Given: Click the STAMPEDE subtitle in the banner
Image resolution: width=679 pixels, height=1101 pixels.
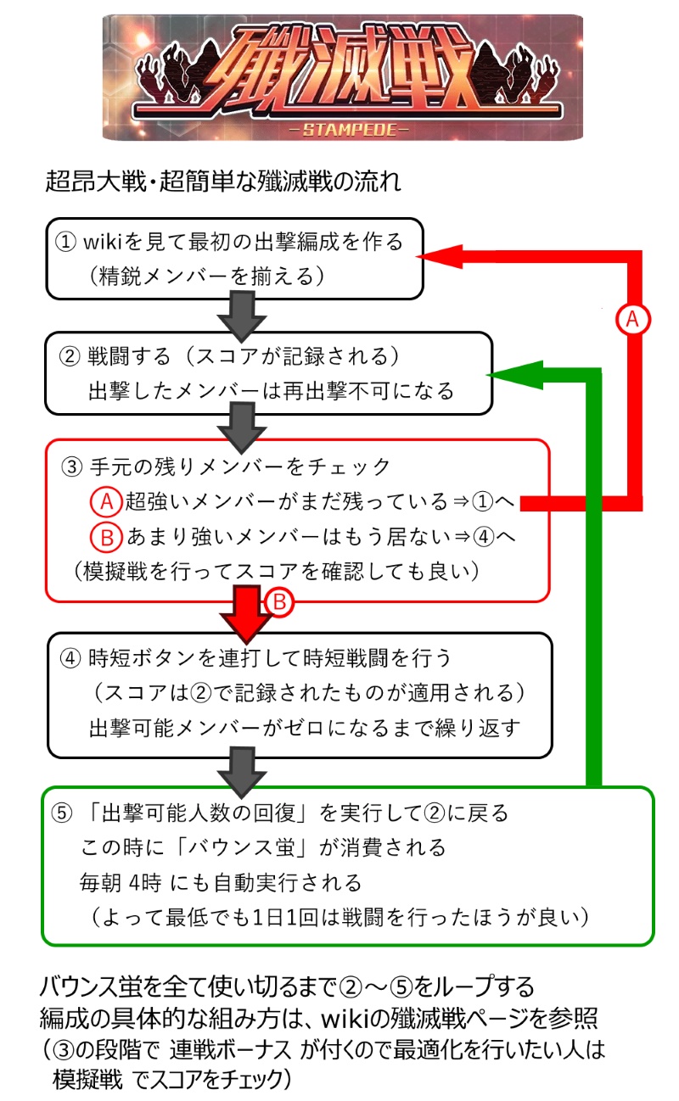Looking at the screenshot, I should (343, 130).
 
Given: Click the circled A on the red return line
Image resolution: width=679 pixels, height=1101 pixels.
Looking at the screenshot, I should (631, 318).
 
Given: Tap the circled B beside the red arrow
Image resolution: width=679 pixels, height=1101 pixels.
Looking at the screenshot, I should (280, 602).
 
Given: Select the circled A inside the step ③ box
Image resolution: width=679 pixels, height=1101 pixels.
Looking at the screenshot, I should (105, 501).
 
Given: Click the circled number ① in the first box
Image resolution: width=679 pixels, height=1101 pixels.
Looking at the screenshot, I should (65, 242).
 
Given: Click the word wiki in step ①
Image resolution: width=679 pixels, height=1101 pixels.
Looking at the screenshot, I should (105, 242).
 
